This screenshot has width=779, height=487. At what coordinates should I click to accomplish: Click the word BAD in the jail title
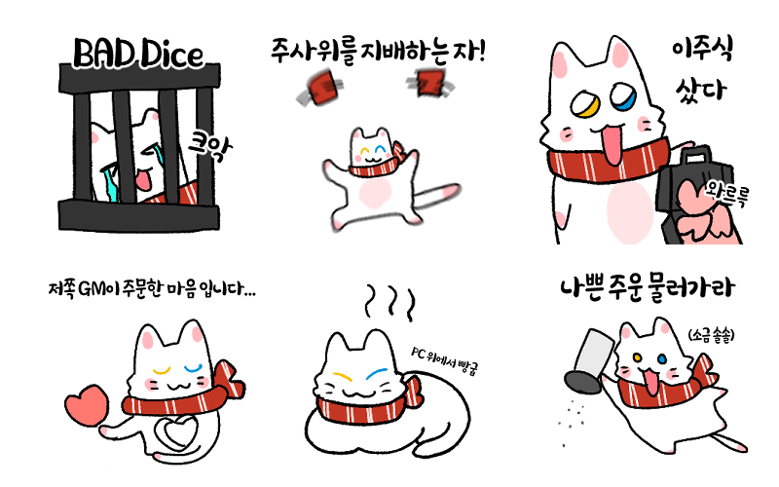[x=103, y=54]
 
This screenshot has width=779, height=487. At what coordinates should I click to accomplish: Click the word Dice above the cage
[x=171, y=54]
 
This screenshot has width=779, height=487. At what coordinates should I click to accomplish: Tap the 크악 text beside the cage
[x=209, y=145]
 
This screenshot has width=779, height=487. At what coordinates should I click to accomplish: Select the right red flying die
[x=429, y=83]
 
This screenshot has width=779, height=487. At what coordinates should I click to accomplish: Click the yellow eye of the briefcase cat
[x=585, y=103]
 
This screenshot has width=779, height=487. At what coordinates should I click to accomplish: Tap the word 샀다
[x=700, y=90]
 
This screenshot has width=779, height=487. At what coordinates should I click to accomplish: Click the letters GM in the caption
[x=91, y=288]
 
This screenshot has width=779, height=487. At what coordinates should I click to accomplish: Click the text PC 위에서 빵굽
[x=445, y=361]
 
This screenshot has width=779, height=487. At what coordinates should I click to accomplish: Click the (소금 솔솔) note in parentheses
[x=711, y=336]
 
